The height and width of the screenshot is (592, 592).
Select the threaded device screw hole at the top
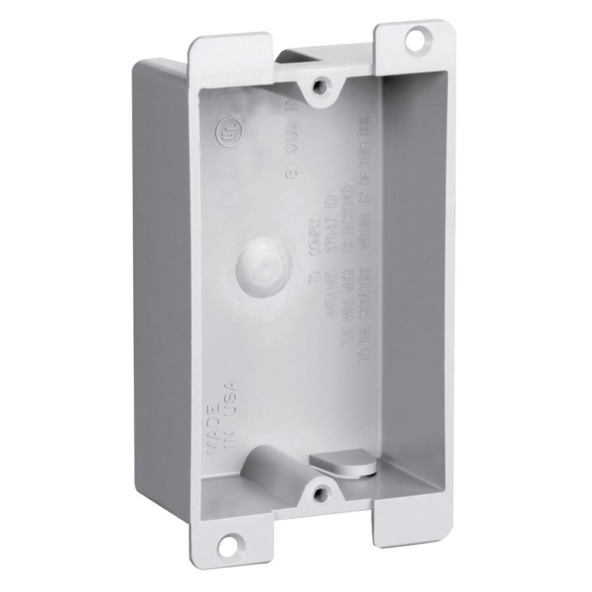coord(321,84)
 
